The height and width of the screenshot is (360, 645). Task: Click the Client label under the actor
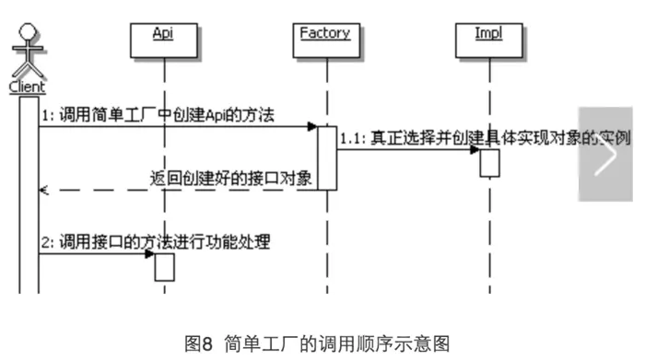(27, 87)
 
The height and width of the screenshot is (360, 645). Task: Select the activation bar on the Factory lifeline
(326, 157)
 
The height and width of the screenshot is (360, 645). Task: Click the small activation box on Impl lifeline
(489, 161)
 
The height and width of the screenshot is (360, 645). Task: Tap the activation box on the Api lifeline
(163, 266)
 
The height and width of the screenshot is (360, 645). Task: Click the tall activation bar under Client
(29, 193)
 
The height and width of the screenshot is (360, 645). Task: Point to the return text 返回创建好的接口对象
(231, 178)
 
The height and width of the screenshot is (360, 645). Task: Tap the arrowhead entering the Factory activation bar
(312, 126)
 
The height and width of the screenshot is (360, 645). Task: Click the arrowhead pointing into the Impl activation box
(475, 149)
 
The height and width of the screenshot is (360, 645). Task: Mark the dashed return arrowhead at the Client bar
(42, 191)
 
